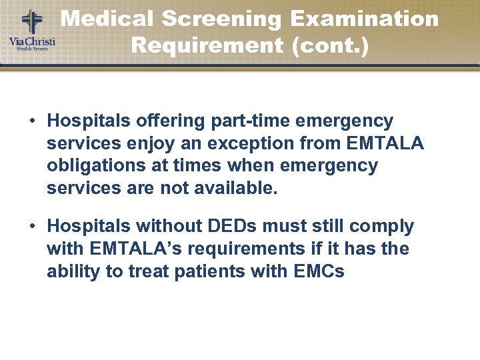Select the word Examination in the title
coord(365,19)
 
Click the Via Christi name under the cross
coord(31,43)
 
